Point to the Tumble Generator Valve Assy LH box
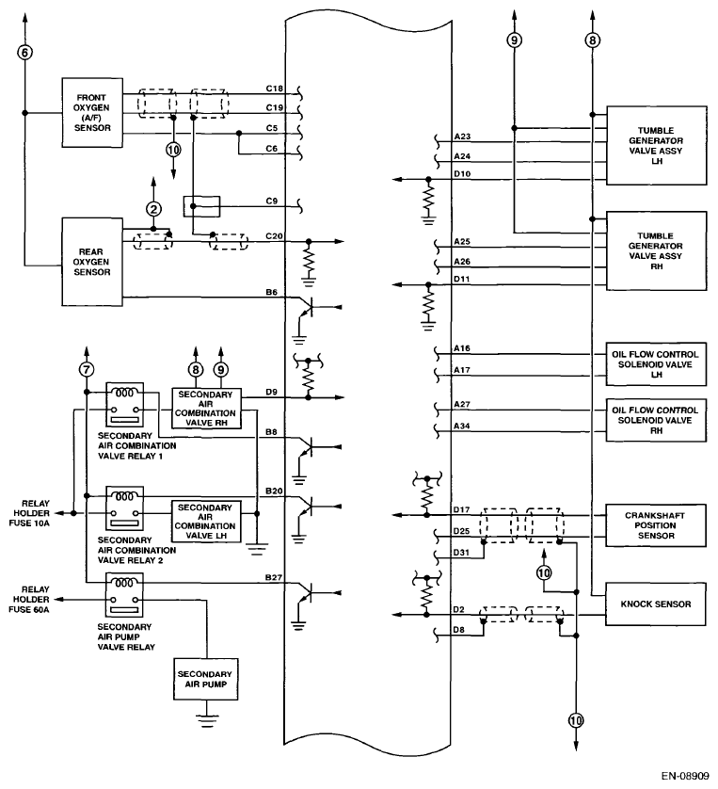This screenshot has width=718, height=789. pos(656,147)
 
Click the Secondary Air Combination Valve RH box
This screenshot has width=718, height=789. pos(204,407)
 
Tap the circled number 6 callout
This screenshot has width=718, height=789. pos(25,52)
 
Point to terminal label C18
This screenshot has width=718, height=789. pos(276,89)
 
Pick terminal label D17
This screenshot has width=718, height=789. pos(462,510)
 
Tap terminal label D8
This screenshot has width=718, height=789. pos(459,628)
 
